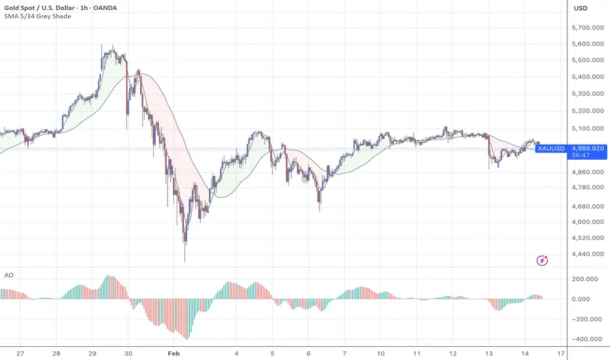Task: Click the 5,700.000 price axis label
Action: (588, 28)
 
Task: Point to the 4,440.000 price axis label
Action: (588, 254)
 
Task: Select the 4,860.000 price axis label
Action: (588, 172)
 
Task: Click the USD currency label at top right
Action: (581, 8)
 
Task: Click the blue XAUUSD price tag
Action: (550, 149)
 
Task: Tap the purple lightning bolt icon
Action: (543, 261)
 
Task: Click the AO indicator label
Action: (9, 276)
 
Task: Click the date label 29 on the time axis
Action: (93, 352)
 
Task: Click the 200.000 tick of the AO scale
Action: (586, 279)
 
